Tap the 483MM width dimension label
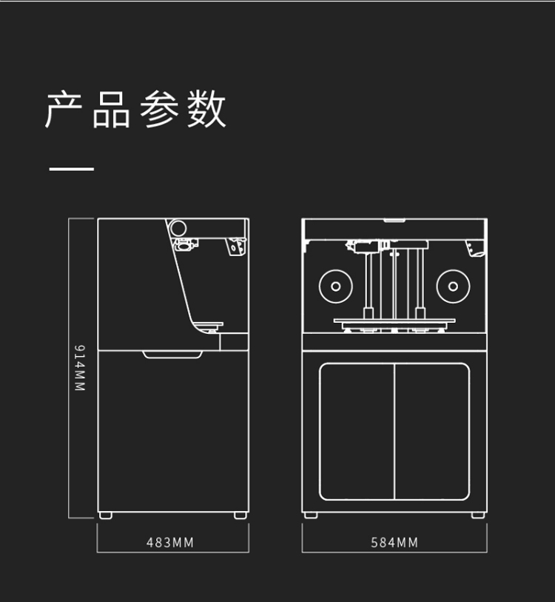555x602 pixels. click(169, 543)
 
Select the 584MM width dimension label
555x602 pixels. click(394, 543)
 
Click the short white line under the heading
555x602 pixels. click(72, 169)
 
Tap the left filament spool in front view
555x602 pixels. click(335, 286)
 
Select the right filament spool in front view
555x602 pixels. click(453, 286)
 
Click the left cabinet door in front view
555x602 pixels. click(357, 431)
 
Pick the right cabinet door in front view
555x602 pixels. click(432, 431)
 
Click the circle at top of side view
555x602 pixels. click(179, 227)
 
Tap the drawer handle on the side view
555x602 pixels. click(172, 355)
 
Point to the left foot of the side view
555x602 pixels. click(106, 514)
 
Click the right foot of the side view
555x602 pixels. click(240, 514)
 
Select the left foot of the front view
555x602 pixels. click(311, 514)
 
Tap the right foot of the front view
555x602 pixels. click(478, 514)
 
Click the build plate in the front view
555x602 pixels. click(394, 322)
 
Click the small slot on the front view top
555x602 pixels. click(394, 220)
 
